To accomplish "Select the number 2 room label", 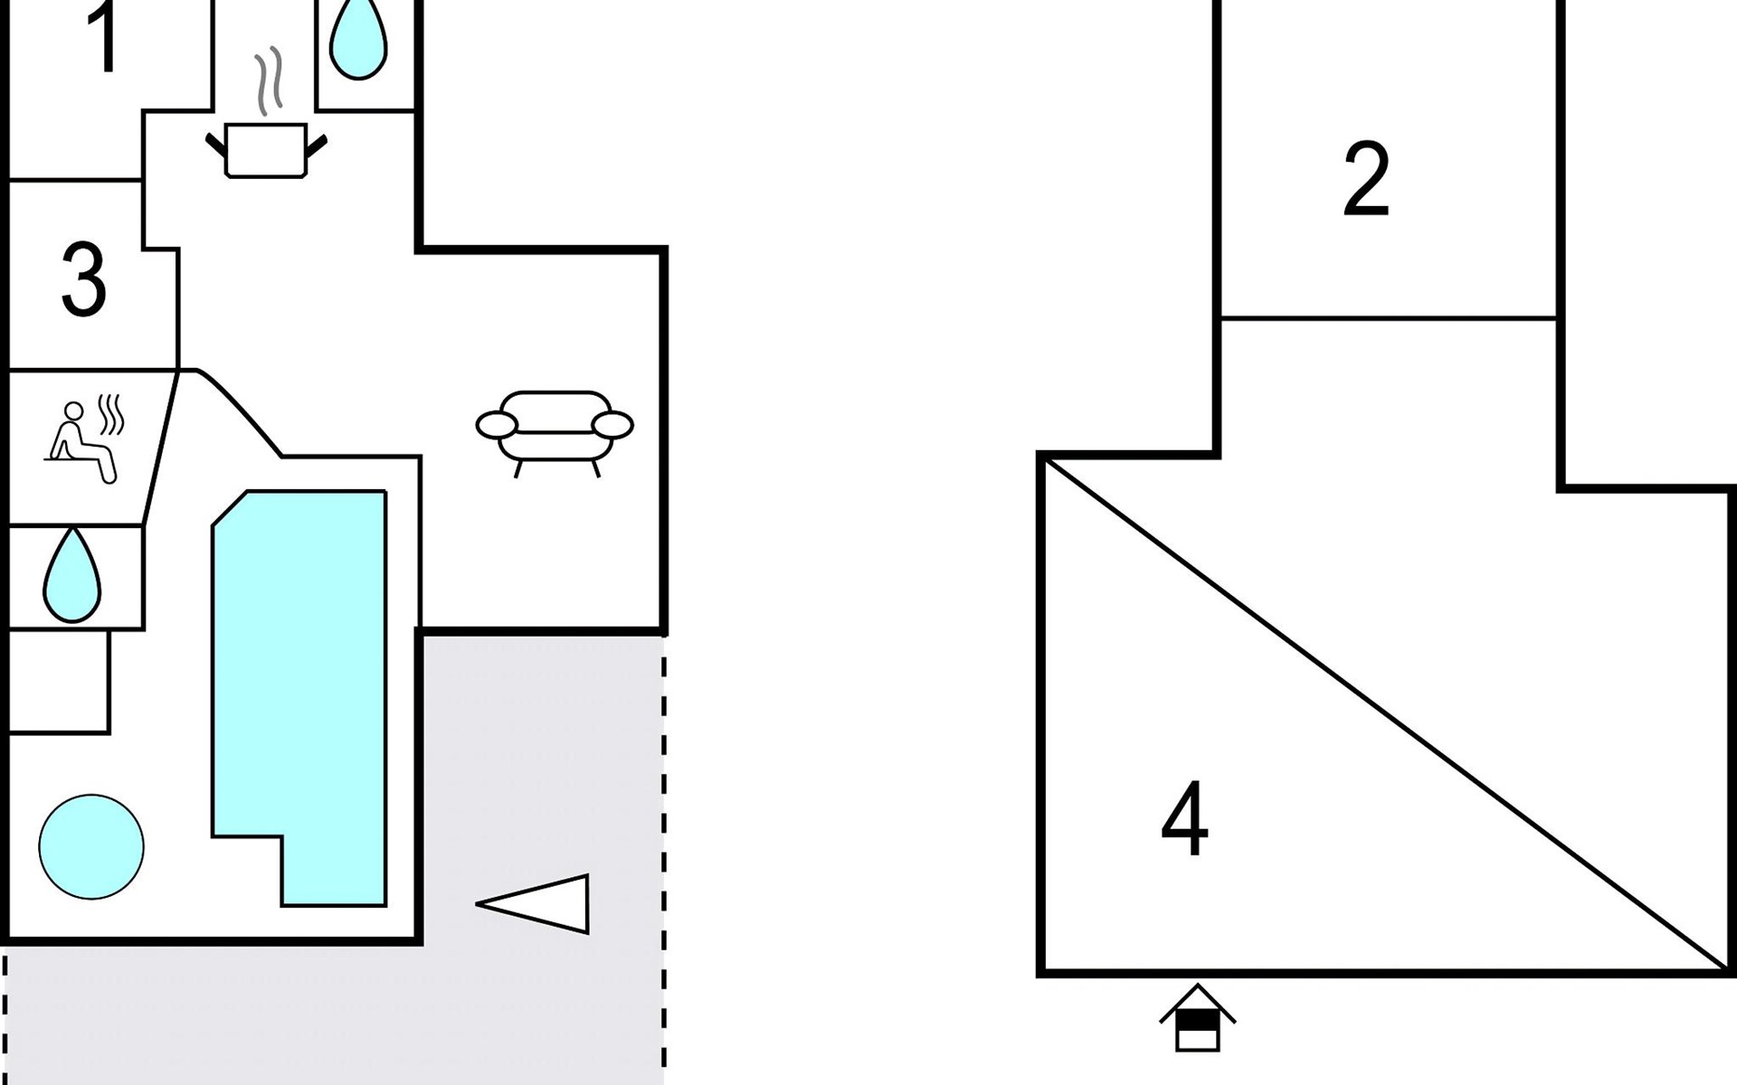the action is click(1366, 179).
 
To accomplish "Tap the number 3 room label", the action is click(84, 279).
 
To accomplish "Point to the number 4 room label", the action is click(1184, 818).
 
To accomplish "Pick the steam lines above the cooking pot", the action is click(269, 81).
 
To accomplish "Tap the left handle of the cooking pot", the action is click(216, 146).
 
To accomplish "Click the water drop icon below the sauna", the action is click(71, 575).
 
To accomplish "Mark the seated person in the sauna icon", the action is click(81, 443).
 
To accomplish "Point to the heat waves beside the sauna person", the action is click(111, 413).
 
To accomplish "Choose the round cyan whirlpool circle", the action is click(91, 847).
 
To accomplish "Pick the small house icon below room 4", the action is click(1197, 1017).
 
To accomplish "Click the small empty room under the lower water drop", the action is click(60, 682).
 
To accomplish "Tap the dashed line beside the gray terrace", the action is click(664, 859).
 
